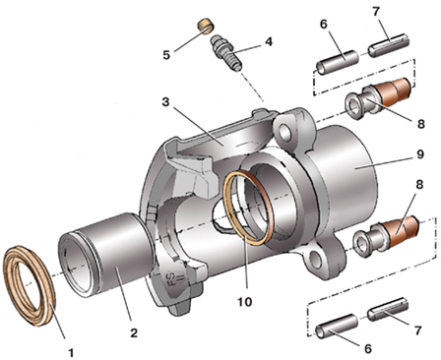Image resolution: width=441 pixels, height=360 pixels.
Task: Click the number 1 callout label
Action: click(71, 352)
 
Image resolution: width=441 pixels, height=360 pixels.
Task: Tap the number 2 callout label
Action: click(134, 332)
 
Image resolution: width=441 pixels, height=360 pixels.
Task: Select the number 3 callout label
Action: click(165, 102)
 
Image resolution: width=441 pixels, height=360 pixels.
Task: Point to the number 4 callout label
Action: click(269, 41)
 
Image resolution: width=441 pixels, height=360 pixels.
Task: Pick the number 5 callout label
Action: click(166, 55)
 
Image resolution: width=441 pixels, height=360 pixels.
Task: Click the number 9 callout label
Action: click(419, 154)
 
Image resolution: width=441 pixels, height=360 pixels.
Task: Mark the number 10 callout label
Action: click(244, 301)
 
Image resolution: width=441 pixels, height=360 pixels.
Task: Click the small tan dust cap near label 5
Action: click(206, 27)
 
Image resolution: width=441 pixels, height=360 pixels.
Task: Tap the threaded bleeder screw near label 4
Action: click(226, 52)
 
